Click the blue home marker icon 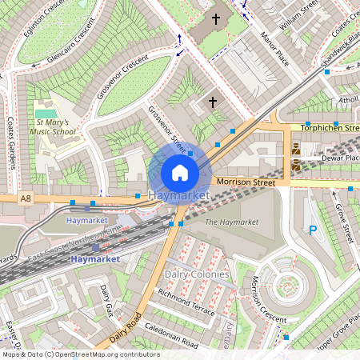[x=180, y=172]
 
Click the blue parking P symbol [x=314, y=231]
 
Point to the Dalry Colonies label [x=197, y=274]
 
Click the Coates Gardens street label [x=12, y=145]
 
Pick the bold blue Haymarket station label [x=94, y=259]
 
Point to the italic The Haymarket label [x=232, y=222]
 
